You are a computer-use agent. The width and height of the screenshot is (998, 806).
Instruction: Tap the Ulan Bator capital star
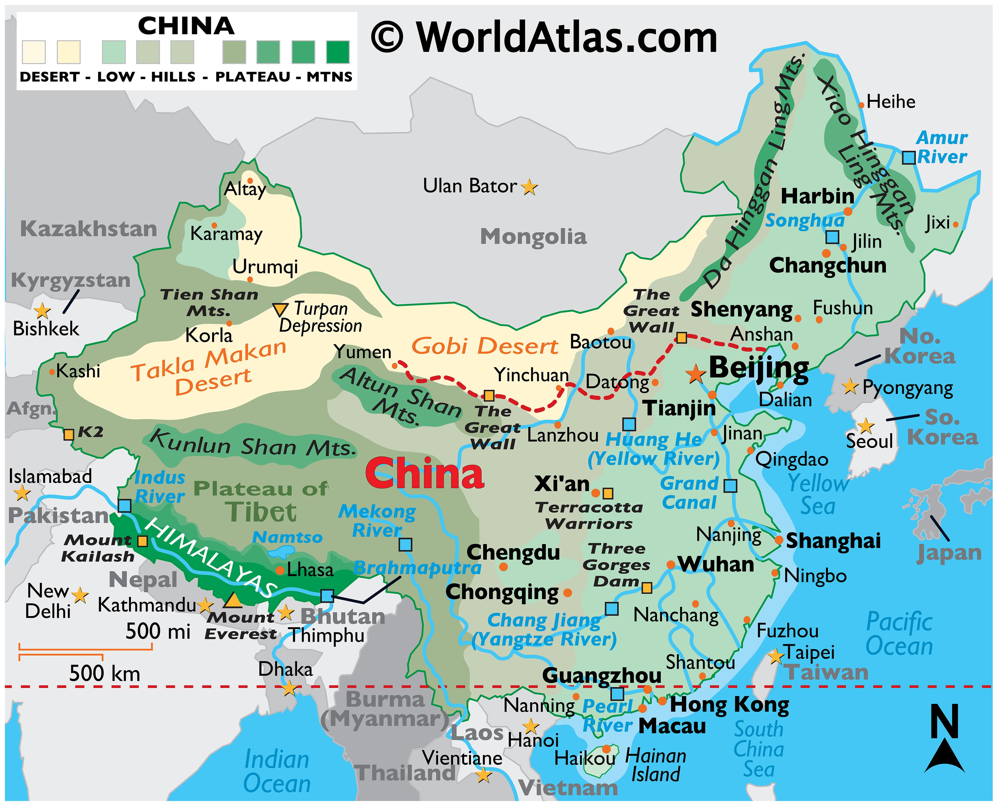[529, 188]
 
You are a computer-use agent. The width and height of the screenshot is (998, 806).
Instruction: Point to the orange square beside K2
[69, 435]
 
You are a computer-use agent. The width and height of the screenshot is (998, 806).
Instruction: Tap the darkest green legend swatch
[338, 52]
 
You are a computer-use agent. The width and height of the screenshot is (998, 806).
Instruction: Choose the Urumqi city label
[265, 267]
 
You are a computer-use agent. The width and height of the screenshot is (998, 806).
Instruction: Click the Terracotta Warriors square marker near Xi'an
[608, 493]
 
